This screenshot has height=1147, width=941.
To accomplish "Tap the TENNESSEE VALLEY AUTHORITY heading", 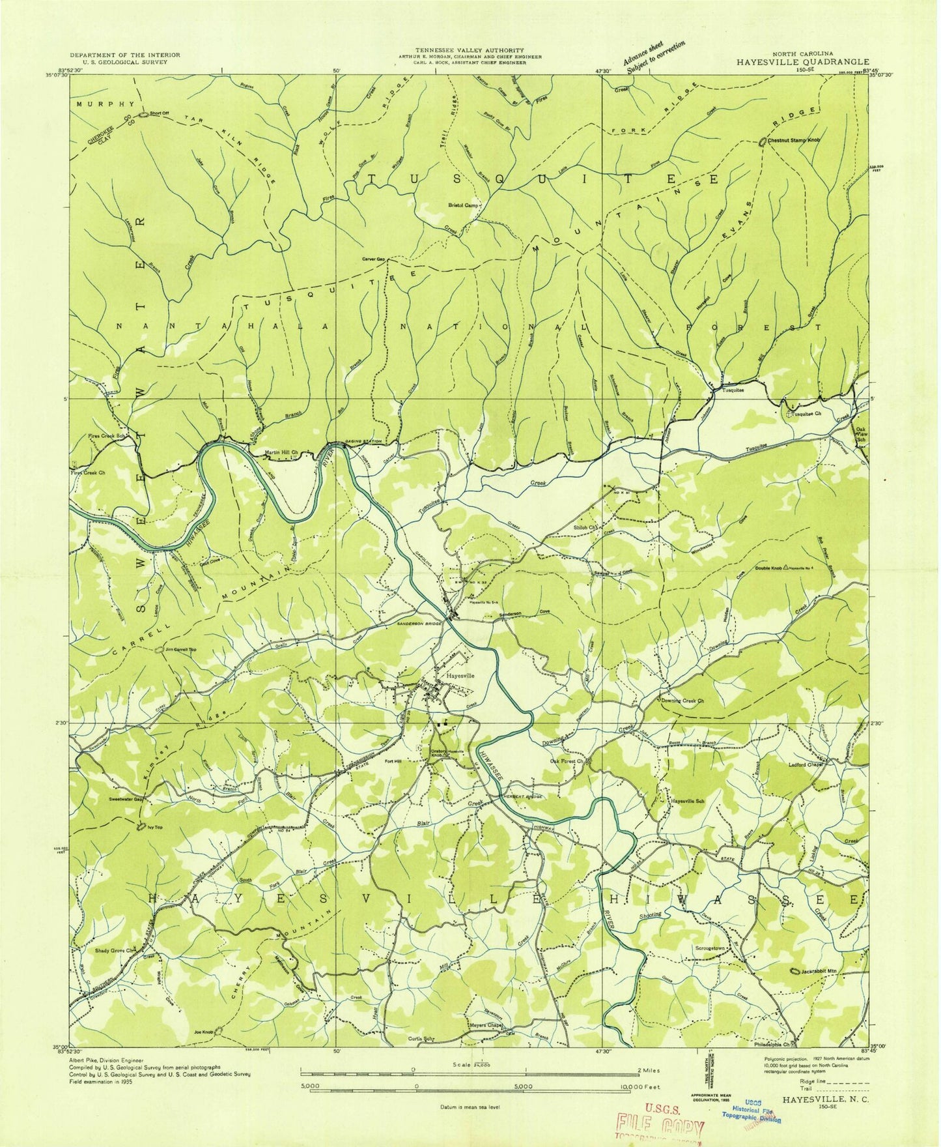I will (470, 50).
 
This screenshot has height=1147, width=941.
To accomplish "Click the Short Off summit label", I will (159, 113).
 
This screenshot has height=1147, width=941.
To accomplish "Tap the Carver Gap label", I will (374, 259).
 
